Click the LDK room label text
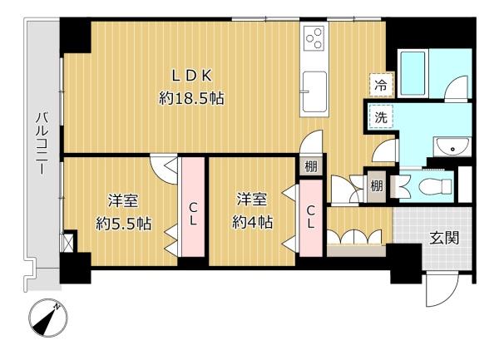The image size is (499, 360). [x=192, y=76]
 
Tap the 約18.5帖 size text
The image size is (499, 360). [x=191, y=98]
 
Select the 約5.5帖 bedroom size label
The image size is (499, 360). [x=123, y=224]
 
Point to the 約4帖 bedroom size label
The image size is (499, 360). [x=252, y=222]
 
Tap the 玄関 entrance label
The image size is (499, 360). [x=444, y=238]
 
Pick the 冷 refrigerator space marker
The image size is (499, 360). [x=382, y=85]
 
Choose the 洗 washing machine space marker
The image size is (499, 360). [x=381, y=116]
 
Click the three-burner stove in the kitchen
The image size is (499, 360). [x=314, y=37]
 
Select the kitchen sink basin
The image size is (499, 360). [x=314, y=92]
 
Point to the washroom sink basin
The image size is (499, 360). [x=452, y=146]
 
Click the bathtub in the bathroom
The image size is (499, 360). [x=413, y=73]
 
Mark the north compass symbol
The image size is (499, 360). [x=48, y=318]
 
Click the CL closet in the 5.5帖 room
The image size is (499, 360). [x=193, y=207]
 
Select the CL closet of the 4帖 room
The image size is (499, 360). [x=310, y=219]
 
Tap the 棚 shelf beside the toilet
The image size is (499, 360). [x=377, y=186]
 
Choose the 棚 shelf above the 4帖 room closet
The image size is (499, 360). [x=310, y=165]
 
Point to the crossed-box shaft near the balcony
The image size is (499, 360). [x=68, y=243]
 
